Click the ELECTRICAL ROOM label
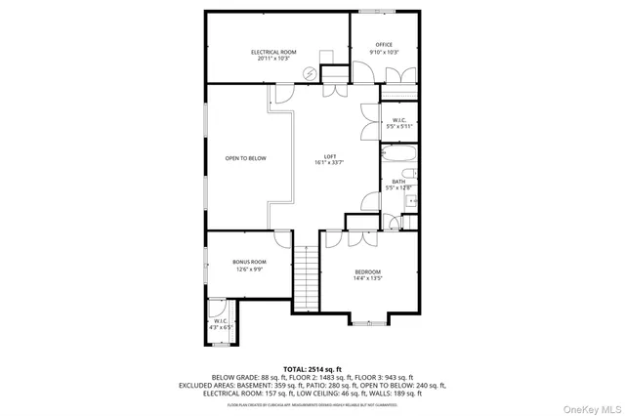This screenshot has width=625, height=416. (x=273, y=52)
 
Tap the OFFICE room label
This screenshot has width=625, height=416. (x=385, y=44)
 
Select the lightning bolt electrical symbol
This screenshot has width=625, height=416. (x=311, y=72)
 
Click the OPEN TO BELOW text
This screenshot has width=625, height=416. (x=245, y=158)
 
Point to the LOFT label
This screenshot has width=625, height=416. (x=331, y=157)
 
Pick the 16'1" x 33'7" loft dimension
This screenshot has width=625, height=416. (x=331, y=164)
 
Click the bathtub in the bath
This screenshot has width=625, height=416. (x=398, y=153)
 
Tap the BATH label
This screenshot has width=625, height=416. (x=399, y=181)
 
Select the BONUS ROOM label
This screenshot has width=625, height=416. (x=249, y=262)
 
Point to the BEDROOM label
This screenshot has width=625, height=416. (x=367, y=271)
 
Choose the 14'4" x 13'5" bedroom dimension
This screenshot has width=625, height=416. (x=367, y=278)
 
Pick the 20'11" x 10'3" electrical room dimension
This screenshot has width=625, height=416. (x=273, y=59)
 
